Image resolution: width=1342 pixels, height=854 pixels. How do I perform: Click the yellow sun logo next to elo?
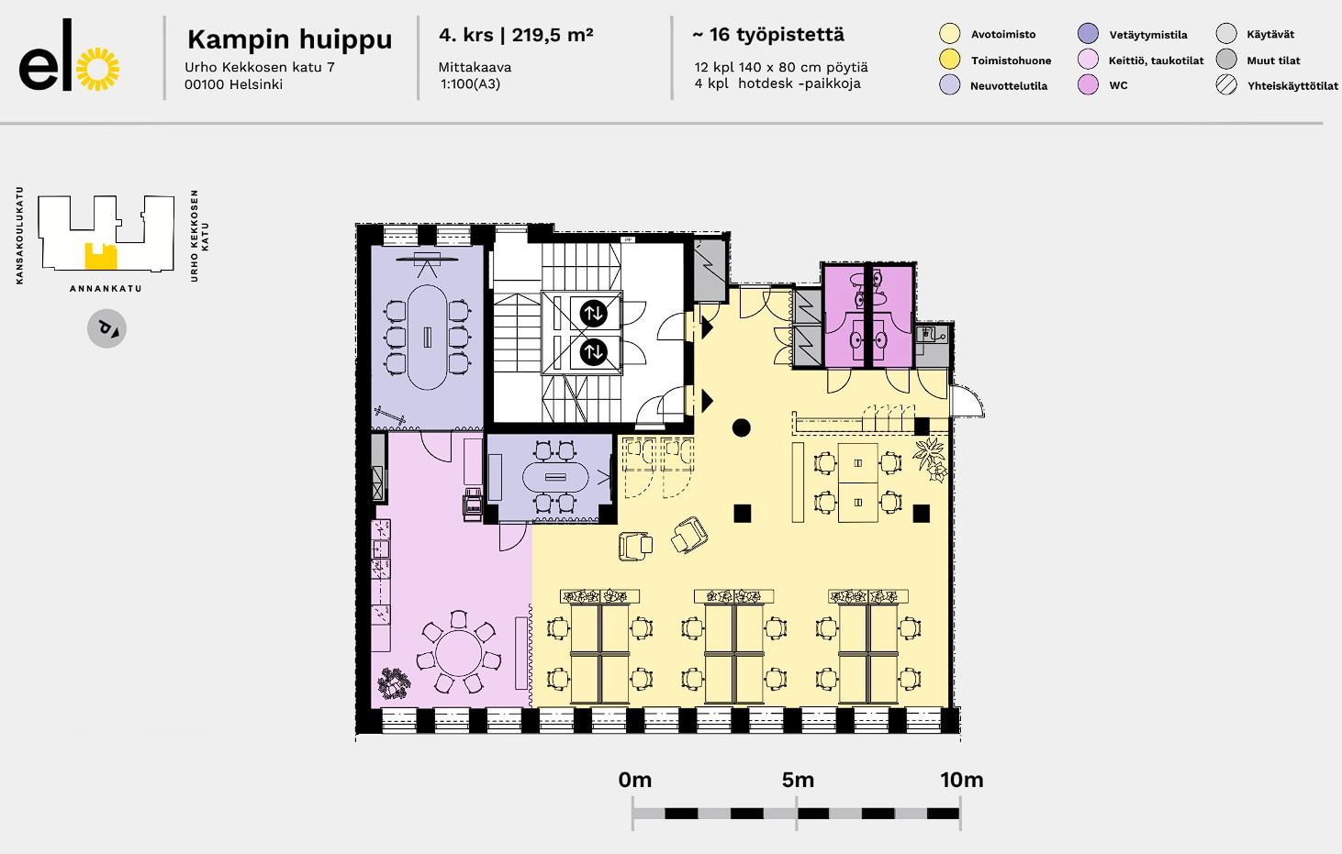pyautogui.click(x=98, y=69)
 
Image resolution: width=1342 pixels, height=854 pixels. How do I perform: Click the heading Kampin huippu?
pyautogui.click(x=289, y=39)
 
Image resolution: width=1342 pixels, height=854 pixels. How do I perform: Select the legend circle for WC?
pyautogui.click(x=1088, y=85)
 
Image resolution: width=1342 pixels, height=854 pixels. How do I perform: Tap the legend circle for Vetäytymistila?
pyautogui.click(x=1088, y=34)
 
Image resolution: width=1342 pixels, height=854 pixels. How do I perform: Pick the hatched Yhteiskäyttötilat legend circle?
pyautogui.click(x=1226, y=85)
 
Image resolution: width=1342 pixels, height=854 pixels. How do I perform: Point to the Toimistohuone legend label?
pyautogui.click(x=1011, y=61)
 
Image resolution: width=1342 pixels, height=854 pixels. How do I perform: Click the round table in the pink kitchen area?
pyautogui.click(x=459, y=653)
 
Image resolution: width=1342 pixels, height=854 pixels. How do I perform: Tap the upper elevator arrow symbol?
pyautogui.click(x=593, y=313)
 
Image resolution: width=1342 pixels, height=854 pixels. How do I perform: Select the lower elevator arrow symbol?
pyautogui.click(x=593, y=352)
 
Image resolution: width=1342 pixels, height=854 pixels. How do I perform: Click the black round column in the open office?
pyautogui.click(x=741, y=427)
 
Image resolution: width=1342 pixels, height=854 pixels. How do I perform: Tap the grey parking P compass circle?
pyautogui.click(x=106, y=328)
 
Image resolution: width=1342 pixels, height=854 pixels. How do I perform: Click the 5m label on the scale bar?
pyautogui.click(x=798, y=780)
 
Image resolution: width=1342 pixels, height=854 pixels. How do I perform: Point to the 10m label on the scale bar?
pyautogui.click(x=961, y=780)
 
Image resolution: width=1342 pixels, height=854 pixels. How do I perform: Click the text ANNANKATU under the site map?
pyautogui.click(x=106, y=289)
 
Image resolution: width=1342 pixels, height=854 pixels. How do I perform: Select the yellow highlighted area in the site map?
pyautogui.click(x=99, y=256)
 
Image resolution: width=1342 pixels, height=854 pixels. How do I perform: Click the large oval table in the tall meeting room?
pyautogui.click(x=427, y=338)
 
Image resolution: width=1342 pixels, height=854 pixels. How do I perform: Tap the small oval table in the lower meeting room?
pyautogui.click(x=555, y=477)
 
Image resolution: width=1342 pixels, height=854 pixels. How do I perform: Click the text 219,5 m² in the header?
pyautogui.click(x=553, y=35)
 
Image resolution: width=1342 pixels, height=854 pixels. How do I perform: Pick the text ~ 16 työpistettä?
pyautogui.click(x=768, y=35)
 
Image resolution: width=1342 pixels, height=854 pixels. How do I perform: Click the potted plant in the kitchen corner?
pyautogui.click(x=394, y=683)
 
